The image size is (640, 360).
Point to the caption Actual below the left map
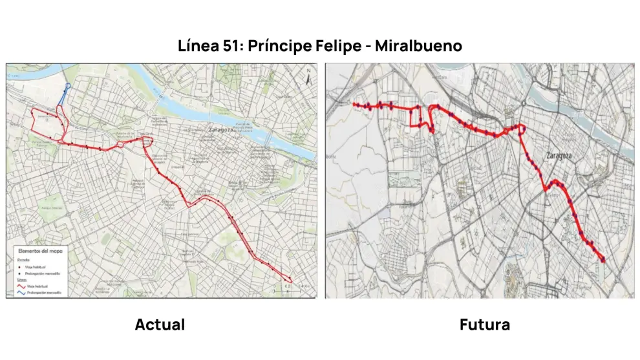click(x=160, y=324)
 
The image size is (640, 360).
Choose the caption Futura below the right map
click(x=484, y=324)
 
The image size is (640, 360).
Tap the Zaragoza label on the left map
click(x=221, y=130)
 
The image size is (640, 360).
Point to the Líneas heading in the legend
click(x=21, y=279)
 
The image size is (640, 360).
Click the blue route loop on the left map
click(x=67, y=91)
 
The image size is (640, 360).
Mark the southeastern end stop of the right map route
click(x=603, y=260)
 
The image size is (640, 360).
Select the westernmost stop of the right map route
click(x=354, y=104)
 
